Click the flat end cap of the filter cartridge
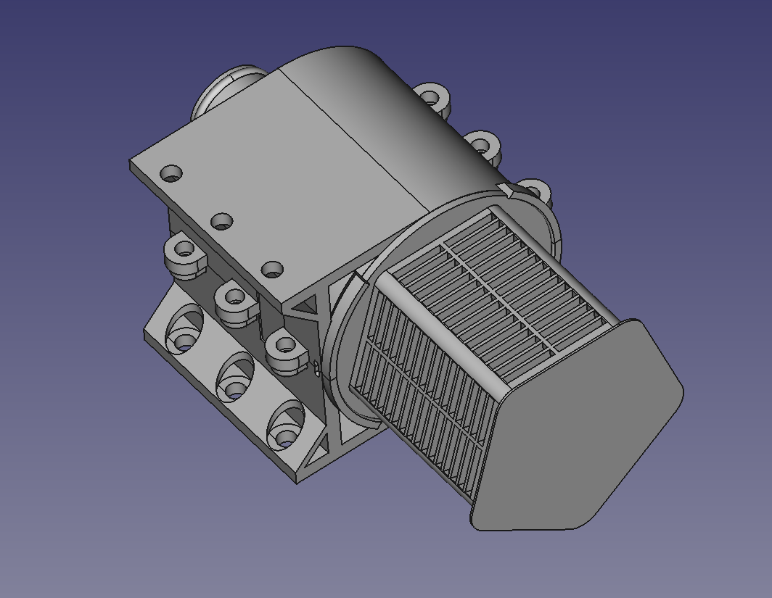coord(580,428)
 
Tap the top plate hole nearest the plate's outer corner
coord(171,174)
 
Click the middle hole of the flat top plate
coord(221,220)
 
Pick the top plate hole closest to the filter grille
coord(272,270)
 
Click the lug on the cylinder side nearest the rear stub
coord(432,97)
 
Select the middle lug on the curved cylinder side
coord(482,145)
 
